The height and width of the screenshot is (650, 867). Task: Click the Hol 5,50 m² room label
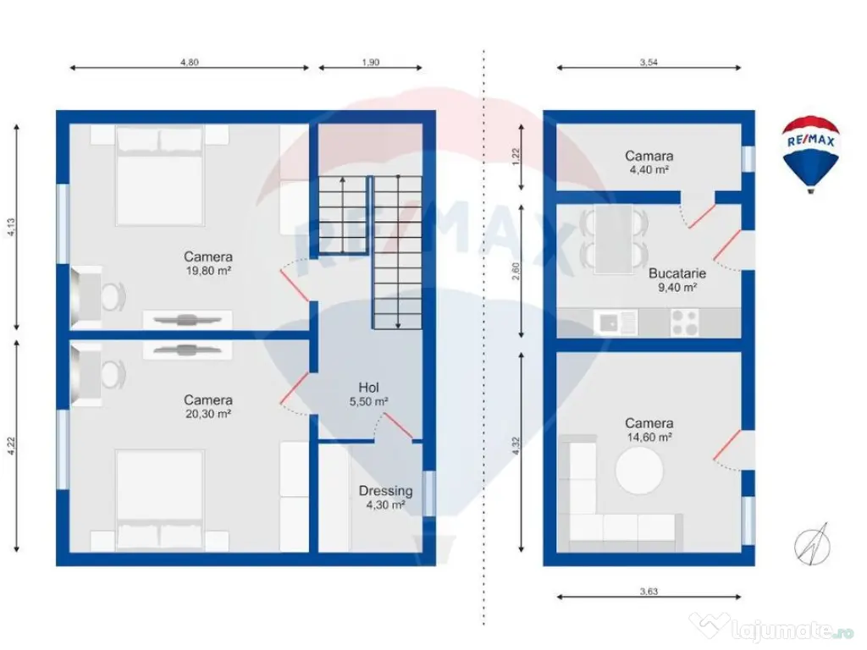coord(368,394)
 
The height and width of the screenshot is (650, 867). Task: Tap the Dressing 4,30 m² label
coord(385,498)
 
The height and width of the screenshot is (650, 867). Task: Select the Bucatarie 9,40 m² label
coord(676,279)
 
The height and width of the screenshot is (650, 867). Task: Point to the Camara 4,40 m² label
coord(649,162)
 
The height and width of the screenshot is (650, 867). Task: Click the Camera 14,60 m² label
coord(649,430)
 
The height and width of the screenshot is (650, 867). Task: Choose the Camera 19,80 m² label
coord(208,263)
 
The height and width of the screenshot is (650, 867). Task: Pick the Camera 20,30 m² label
coord(208,406)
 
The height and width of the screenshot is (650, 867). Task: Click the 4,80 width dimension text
coord(189,62)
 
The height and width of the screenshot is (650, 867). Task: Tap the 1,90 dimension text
coord(371,62)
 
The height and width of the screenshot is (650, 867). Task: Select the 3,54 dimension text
coord(649,62)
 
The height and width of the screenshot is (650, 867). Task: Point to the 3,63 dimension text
coord(649,591)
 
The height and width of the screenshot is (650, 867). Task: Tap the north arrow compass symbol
coord(812,544)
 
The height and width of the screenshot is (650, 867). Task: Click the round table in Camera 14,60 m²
coord(639,471)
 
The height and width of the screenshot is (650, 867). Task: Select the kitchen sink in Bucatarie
coord(616,322)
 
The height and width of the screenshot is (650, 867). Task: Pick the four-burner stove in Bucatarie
coord(684,322)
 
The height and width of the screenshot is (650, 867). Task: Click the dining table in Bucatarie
coord(614,239)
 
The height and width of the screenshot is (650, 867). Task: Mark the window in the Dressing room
coord(428,493)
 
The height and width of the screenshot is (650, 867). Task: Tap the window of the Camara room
coord(748,159)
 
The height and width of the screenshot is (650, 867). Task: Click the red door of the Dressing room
coord(398,427)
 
